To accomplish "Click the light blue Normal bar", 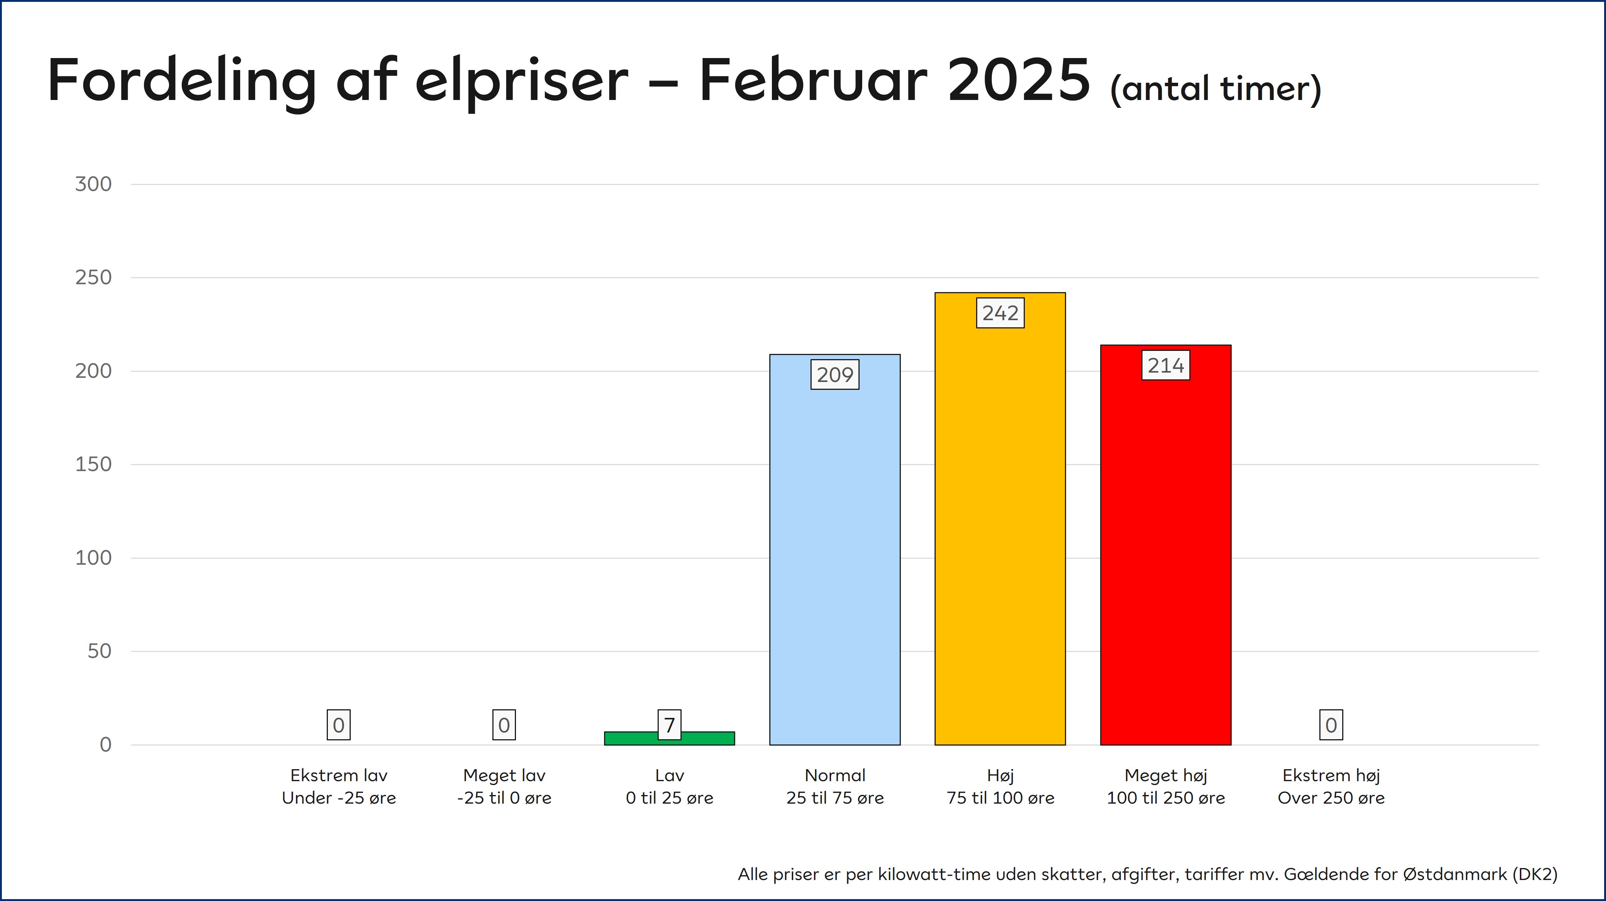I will (x=835, y=561).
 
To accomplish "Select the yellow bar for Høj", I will (x=1000, y=530).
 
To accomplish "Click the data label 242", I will (x=1000, y=313).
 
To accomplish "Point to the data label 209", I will (x=835, y=374).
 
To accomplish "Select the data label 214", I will (x=1165, y=365).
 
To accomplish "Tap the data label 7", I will (x=669, y=725).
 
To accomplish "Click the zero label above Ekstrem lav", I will (x=338, y=725).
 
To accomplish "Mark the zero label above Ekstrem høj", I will (x=1331, y=725).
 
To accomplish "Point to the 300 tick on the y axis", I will (x=94, y=184).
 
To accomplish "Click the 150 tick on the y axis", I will (x=94, y=464).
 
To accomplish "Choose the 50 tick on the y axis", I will (x=99, y=651).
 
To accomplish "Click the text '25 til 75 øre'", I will (x=835, y=798).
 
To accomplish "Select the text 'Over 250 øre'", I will (x=1331, y=798).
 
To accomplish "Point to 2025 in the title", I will (x=1019, y=81).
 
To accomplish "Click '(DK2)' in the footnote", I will (x=1534, y=874).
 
